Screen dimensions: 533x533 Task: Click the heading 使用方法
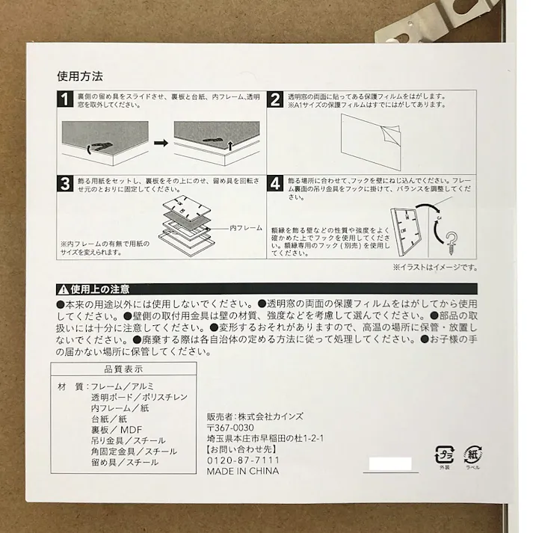click(79, 76)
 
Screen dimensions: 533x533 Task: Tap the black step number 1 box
click(65, 100)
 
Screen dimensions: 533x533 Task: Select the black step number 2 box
click(275, 100)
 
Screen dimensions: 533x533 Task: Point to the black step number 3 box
click(65, 184)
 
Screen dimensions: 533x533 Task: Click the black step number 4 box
click(275, 184)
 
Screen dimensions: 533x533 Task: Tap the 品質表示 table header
click(123, 369)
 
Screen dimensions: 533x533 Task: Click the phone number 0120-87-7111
click(242, 461)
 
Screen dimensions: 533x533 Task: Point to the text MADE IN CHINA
click(243, 472)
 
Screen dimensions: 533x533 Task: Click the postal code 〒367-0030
click(231, 428)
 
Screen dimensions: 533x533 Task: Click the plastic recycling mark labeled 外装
click(445, 455)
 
